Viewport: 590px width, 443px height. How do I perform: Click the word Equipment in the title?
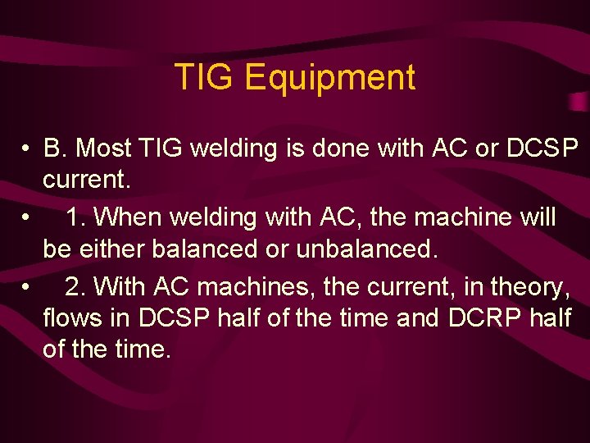(x=330, y=79)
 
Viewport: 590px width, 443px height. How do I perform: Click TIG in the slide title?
(x=205, y=78)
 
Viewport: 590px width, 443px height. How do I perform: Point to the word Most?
(x=102, y=148)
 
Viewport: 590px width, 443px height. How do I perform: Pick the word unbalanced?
(x=367, y=249)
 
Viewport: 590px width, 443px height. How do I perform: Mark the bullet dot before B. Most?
(x=28, y=149)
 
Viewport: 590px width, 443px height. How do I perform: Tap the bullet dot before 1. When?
(x=28, y=218)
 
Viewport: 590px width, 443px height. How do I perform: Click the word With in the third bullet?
(x=120, y=287)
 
